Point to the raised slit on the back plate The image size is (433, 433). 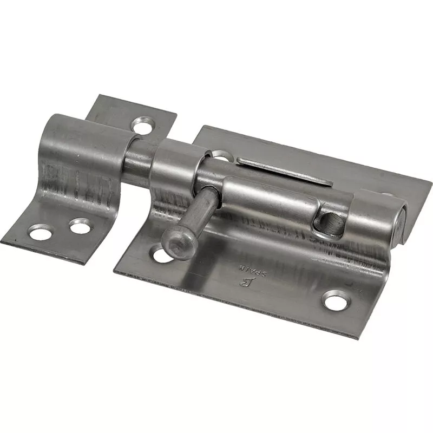[x=284, y=171]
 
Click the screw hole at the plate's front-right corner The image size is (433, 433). [x=336, y=300]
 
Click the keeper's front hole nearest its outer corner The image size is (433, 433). [x=40, y=233]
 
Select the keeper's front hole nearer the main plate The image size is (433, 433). [x=80, y=226]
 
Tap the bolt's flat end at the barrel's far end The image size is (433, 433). [x=401, y=221]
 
